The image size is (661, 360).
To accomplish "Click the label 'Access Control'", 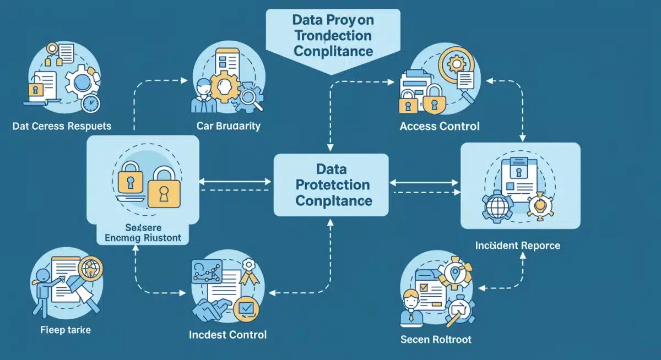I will point(439,126).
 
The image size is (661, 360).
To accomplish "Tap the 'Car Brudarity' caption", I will point(228,126).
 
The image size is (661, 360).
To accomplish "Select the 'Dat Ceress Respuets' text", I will point(62,126).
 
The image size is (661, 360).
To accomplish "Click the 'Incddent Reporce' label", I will point(517,245).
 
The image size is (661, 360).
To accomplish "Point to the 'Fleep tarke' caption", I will point(66,330).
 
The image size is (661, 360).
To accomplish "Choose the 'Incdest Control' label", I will point(227,335).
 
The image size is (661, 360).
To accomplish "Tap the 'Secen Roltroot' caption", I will point(436,339).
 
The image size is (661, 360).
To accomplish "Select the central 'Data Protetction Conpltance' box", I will point(331,184).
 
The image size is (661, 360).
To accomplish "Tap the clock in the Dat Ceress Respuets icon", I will point(90,103).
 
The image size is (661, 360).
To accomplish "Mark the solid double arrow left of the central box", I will point(235,181).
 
